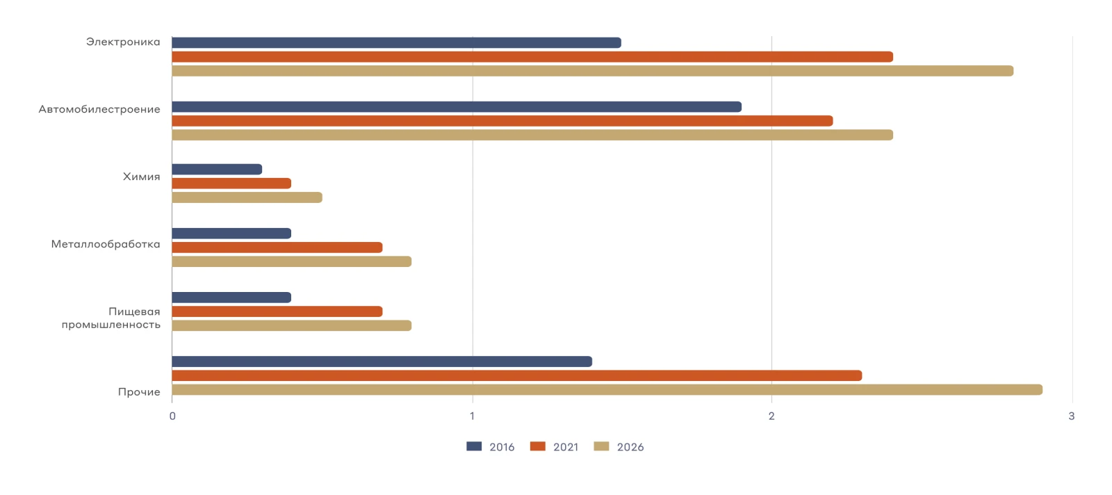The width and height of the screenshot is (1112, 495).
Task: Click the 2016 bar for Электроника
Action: click(x=397, y=42)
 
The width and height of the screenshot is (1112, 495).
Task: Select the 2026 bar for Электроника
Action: click(x=593, y=71)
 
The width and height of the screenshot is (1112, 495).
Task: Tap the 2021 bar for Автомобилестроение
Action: click(x=502, y=121)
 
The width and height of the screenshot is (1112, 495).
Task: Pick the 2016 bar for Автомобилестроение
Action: click(x=457, y=107)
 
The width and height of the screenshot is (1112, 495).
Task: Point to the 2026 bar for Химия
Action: click(x=247, y=197)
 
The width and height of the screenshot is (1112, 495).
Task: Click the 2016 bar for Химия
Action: click(x=217, y=170)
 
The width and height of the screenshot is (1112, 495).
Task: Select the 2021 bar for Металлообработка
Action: click(x=277, y=247)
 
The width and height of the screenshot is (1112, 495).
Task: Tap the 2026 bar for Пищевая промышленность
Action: click(x=292, y=325)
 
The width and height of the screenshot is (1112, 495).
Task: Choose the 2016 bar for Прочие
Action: click(x=382, y=362)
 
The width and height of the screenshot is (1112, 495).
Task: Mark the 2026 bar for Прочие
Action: click(x=607, y=390)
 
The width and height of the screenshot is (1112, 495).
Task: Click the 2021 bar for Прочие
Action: click(x=517, y=376)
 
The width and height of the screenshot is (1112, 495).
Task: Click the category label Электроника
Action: click(x=123, y=42)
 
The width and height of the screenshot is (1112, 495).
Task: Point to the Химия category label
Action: click(x=142, y=177)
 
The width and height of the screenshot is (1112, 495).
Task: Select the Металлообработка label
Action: click(x=106, y=244)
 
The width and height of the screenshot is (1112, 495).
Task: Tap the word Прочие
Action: click(x=139, y=392)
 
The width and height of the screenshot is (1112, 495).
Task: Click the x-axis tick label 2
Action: click(x=771, y=416)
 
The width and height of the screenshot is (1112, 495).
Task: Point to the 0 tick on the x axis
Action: click(x=172, y=416)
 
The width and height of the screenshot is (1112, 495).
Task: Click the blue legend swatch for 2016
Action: click(x=474, y=446)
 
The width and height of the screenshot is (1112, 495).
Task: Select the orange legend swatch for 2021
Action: click(x=538, y=446)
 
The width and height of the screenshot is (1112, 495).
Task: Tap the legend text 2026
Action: click(x=630, y=447)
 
